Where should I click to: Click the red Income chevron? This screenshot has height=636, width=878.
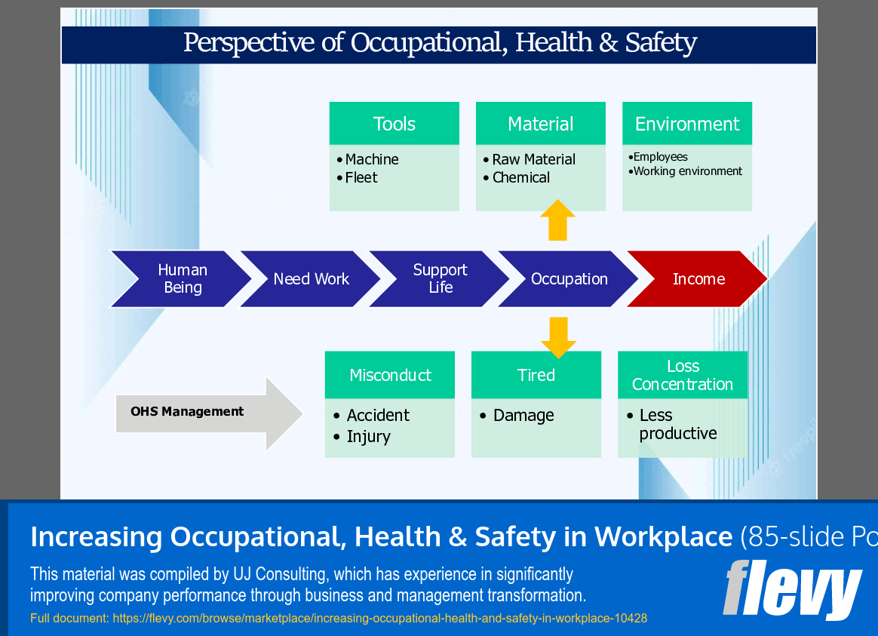click(x=698, y=279)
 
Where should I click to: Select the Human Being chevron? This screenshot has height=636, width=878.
click(x=182, y=279)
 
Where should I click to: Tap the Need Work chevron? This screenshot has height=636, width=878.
click(x=311, y=279)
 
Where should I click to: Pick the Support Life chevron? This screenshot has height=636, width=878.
click(x=440, y=279)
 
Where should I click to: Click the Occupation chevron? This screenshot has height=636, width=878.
click(x=569, y=279)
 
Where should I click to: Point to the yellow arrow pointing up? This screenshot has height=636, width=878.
click(x=557, y=221)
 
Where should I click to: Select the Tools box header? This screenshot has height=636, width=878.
click(x=394, y=124)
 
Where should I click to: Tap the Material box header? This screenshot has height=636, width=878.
click(x=541, y=124)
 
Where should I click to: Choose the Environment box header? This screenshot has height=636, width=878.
click(x=687, y=124)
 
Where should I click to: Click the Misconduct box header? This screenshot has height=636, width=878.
click(x=390, y=375)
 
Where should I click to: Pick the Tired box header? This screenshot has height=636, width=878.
click(x=536, y=375)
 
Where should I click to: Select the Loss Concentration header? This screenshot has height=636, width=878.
click(x=683, y=375)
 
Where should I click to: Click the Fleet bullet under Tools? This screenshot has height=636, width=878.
click(x=361, y=178)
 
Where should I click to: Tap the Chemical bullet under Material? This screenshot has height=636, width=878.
click(x=520, y=178)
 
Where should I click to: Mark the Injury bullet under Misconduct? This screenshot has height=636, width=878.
click(x=368, y=437)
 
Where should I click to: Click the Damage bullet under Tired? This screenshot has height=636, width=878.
click(x=523, y=416)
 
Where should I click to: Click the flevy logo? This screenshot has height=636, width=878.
click(x=792, y=589)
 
